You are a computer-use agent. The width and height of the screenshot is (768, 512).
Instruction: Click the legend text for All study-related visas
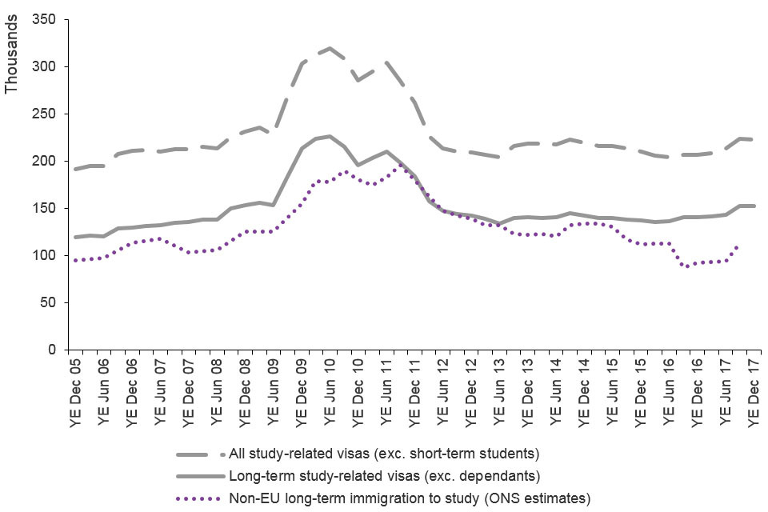pyautogui.click(x=384, y=454)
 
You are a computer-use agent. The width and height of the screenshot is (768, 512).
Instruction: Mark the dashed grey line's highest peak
pyautogui.click(x=330, y=48)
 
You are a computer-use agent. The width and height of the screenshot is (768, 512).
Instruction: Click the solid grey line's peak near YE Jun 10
pyautogui.click(x=330, y=136)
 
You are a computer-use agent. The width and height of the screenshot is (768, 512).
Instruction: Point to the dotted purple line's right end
pyautogui.click(x=737, y=246)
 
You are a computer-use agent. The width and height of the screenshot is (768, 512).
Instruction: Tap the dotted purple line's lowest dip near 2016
pyautogui.click(x=686, y=266)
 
